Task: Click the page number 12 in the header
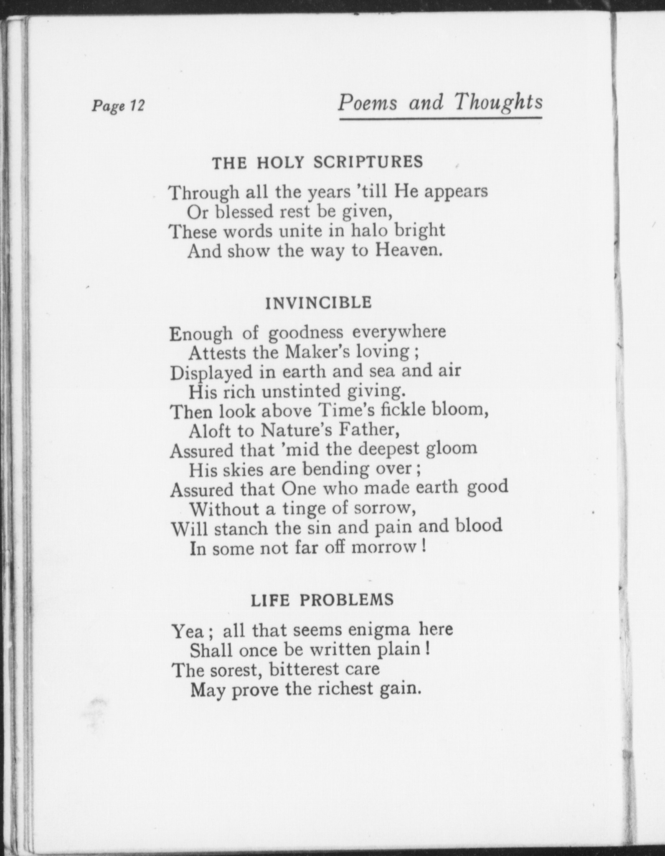click(136, 105)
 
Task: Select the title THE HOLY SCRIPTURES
click(317, 162)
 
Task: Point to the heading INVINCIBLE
click(318, 303)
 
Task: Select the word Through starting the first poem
click(203, 193)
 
